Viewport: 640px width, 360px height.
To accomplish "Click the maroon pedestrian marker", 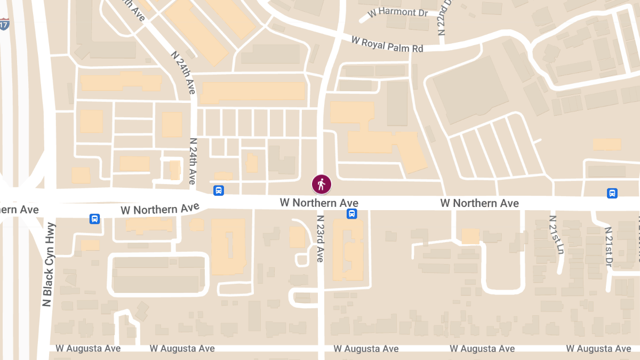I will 322,185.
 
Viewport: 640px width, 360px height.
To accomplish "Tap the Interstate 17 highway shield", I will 4,24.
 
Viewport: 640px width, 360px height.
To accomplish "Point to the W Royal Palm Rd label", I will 387,44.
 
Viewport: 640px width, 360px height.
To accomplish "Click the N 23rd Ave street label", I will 320,238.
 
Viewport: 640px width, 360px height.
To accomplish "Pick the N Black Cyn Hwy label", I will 48,265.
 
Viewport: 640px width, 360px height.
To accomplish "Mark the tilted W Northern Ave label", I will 160,209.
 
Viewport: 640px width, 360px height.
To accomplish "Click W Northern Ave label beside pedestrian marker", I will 319,203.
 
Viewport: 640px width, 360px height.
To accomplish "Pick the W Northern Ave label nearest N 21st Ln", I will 479,203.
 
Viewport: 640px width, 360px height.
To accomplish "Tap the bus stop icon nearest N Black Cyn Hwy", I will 94,219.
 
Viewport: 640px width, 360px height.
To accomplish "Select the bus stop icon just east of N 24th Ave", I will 218,190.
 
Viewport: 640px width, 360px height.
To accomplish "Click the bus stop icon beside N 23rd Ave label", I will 352,214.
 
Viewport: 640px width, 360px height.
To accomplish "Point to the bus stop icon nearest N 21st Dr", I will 612,193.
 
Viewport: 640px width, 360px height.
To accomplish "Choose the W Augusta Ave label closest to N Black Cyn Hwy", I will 89,348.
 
